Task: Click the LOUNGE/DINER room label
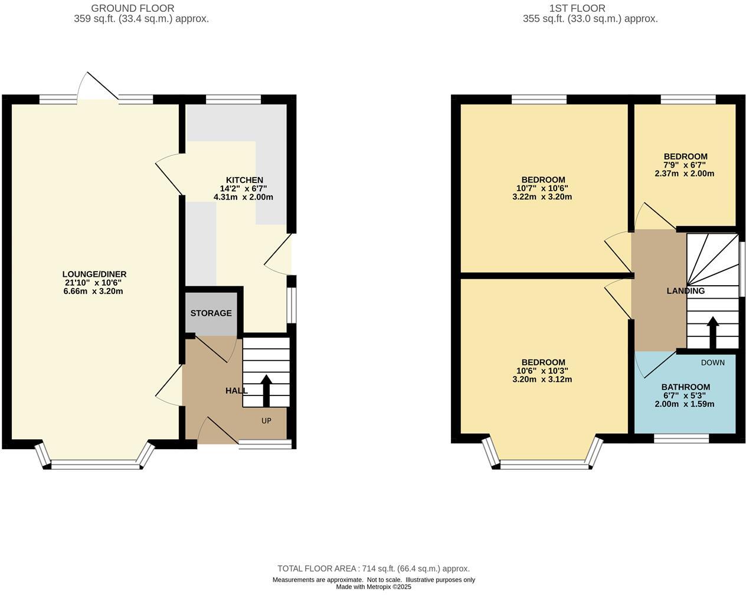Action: [x=94, y=274]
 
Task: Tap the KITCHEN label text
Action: [x=244, y=180]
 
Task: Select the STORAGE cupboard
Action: [x=211, y=313]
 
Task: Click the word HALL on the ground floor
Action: [x=236, y=391]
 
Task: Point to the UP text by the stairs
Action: [x=266, y=421]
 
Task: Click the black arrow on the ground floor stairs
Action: [x=266, y=390]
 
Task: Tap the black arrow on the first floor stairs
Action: [x=712, y=333]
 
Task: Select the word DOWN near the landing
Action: [x=712, y=362]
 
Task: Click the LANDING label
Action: [x=685, y=291]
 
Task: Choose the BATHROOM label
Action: [x=685, y=387]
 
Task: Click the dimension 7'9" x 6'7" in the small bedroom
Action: [x=685, y=165]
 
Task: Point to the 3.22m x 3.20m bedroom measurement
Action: [x=542, y=197]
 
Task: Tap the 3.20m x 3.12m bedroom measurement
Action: [x=542, y=380]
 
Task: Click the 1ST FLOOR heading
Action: [x=577, y=8]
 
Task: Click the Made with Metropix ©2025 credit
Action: [x=373, y=587]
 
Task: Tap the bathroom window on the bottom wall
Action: [x=682, y=439]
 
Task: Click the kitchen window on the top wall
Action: [x=233, y=99]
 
